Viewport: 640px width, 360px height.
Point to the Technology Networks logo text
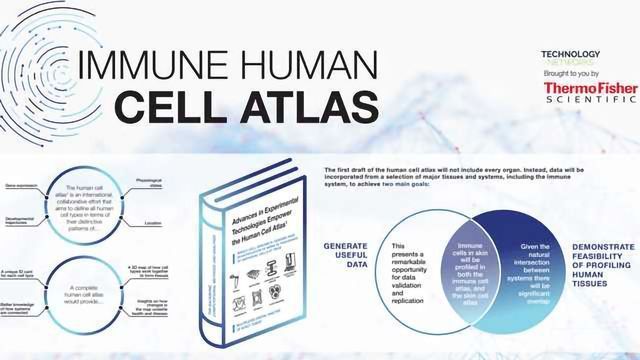click(x=570, y=56)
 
